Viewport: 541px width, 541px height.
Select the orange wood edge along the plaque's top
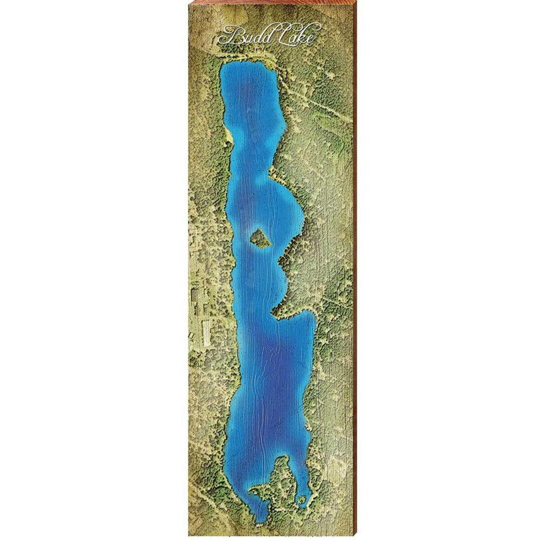coord(270,2)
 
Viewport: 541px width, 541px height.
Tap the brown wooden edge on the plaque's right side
coord(355,270)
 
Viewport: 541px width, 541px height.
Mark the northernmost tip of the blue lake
coord(240,64)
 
